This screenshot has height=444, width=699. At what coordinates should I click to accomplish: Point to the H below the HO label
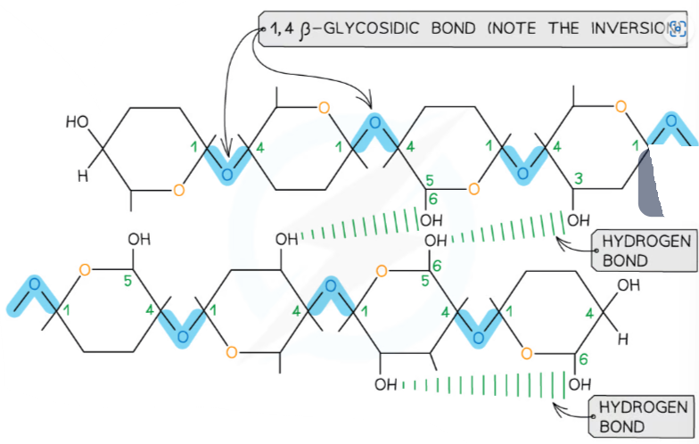click(82, 176)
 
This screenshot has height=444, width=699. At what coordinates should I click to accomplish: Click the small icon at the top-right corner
click(677, 28)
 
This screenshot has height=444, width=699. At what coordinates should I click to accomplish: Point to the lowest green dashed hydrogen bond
click(486, 385)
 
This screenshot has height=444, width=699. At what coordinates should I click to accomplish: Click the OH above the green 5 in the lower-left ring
click(139, 239)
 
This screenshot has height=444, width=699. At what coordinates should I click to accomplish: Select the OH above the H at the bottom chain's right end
click(629, 286)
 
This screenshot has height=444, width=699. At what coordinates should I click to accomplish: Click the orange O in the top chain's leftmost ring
click(179, 189)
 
